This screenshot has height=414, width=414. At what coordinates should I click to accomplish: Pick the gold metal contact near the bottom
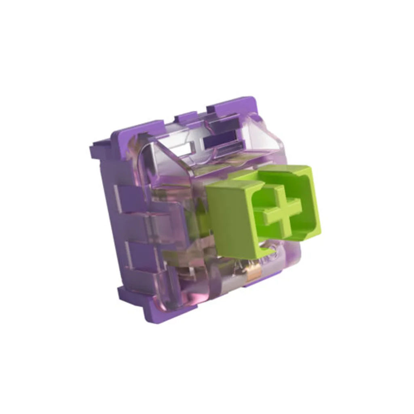pyautogui.click(x=254, y=275)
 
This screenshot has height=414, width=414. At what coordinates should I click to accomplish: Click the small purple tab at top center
pyautogui.click(x=185, y=118)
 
